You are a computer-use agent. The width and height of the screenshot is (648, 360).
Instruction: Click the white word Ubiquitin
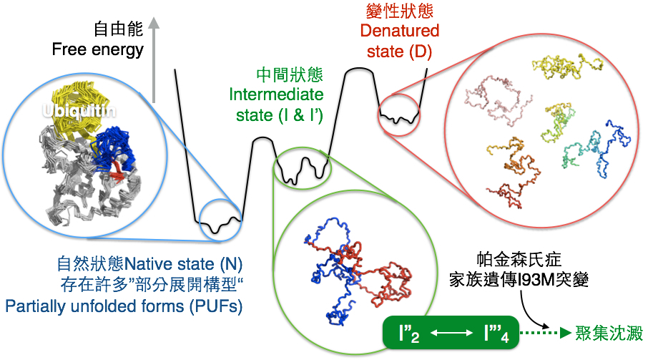tap(79, 111)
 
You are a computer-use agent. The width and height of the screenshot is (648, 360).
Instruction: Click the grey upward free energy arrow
tap(154, 60)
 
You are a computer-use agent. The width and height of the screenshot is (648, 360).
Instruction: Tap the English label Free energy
tap(97, 49)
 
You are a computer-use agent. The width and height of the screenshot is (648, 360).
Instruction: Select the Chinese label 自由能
tap(118, 29)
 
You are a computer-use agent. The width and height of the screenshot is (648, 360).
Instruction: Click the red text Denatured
tap(400, 31)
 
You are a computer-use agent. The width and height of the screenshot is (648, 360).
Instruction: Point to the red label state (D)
tap(399, 52)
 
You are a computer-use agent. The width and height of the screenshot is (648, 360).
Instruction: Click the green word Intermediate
tap(276, 94)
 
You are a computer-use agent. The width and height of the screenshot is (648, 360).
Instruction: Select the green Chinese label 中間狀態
tap(289, 75)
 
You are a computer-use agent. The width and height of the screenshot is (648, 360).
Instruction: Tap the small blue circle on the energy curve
tap(220, 220)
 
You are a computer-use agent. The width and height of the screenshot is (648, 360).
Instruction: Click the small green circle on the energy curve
tap(302, 168)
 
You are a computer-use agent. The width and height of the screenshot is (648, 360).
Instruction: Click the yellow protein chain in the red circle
tap(566, 66)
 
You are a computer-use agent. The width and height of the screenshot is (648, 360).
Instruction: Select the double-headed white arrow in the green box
tap(451, 333)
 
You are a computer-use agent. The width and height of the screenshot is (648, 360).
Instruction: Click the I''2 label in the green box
tap(409, 334)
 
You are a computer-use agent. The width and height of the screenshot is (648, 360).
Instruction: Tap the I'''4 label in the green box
tap(496, 334)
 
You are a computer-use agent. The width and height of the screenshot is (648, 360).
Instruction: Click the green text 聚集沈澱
tap(609, 333)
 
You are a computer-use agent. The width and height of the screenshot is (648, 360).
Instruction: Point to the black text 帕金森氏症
tap(519, 260)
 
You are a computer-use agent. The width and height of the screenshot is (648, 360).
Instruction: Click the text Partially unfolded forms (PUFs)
tap(124, 306)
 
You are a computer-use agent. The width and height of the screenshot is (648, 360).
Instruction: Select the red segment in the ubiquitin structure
tap(117, 172)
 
